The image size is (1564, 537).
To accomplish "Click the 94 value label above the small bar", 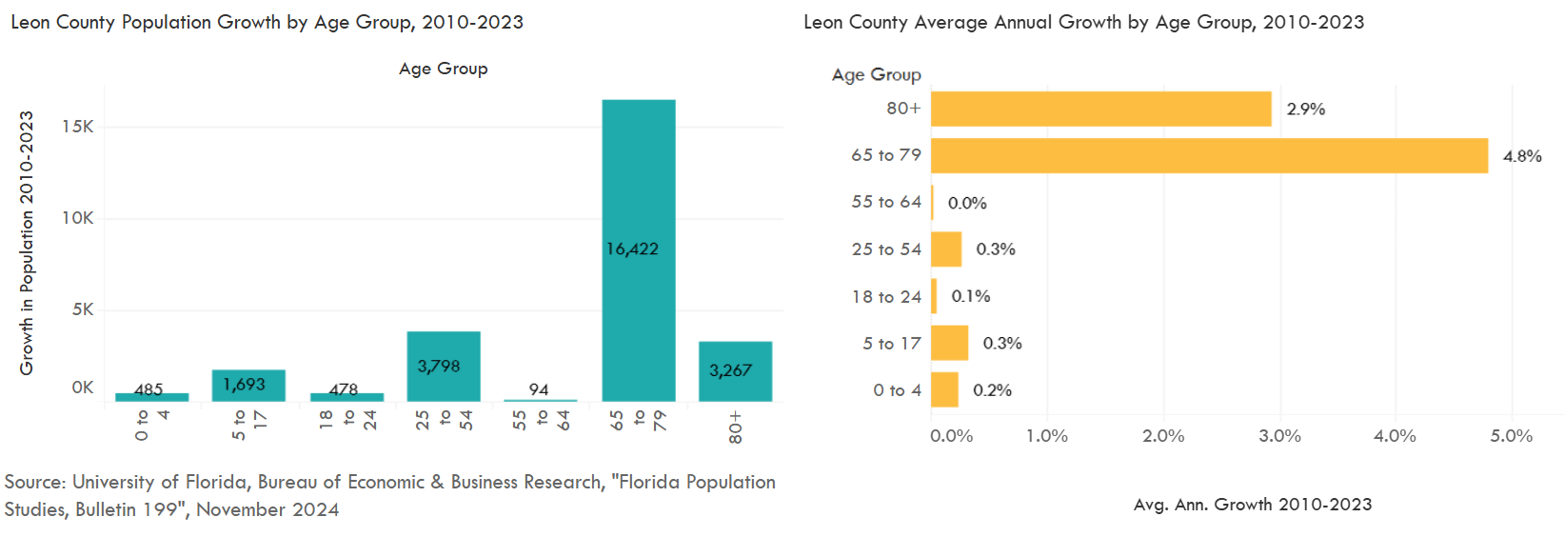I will click(x=539, y=389).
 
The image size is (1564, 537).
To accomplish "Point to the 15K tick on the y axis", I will click(x=78, y=127).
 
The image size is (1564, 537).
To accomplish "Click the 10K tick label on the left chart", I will click(x=78, y=218).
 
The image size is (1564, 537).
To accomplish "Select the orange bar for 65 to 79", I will click(x=1209, y=155).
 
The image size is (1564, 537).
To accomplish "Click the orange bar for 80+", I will click(x=1100, y=109).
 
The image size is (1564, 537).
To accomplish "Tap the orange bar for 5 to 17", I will click(x=949, y=343).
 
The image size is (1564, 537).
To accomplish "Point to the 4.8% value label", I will click(x=1522, y=156).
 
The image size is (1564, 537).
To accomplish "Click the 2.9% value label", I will click(x=1306, y=109).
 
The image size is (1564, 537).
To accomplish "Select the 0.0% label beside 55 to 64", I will click(x=967, y=203).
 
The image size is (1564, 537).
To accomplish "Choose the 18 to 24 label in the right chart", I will click(x=886, y=296).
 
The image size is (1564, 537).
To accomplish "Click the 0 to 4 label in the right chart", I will click(x=897, y=390).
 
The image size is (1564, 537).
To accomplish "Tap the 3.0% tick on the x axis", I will click(x=1279, y=436).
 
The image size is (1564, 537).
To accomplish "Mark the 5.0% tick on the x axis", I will click(x=1511, y=436).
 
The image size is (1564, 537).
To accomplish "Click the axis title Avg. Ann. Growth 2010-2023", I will click(x=1253, y=505).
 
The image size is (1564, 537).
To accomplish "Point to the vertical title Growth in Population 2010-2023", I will click(x=27, y=243).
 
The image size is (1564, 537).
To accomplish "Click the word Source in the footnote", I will click(x=34, y=482).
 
